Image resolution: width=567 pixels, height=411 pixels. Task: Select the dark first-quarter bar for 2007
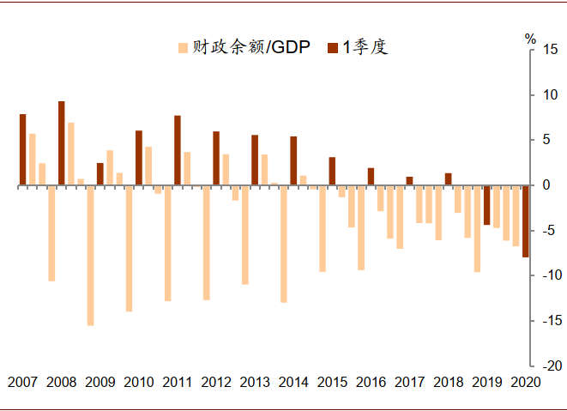[x=22, y=149]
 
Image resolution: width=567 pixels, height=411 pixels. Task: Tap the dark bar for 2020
[x=525, y=221]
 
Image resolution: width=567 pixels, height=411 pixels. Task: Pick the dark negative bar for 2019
[x=486, y=205]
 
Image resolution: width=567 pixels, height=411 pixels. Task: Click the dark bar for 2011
[x=178, y=150]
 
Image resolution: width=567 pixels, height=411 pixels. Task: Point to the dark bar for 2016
[x=371, y=176]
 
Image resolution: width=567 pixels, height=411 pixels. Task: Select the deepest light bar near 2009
[x=90, y=255]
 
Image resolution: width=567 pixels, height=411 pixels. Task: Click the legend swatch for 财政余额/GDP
[x=183, y=46]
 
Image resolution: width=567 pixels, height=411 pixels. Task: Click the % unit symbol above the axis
[x=530, y=39]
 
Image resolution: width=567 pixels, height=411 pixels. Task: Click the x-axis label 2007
[x=23, y=383]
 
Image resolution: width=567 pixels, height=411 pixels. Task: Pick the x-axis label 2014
[x=293, y=383]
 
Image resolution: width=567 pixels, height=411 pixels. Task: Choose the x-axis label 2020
[x=525, y=383]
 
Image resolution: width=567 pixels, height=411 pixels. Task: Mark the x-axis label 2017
[x=409, y=383]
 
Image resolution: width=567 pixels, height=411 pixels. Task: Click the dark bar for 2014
[x=293, y=160]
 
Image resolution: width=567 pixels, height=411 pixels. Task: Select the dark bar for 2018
[x=448, y=178]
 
